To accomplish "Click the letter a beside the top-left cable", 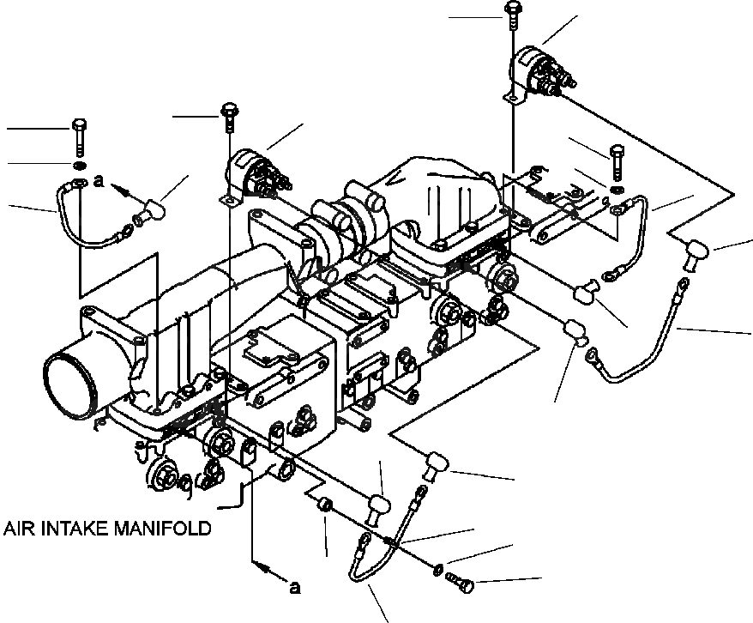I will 99,182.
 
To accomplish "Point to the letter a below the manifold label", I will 295,588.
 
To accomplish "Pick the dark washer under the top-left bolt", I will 78,164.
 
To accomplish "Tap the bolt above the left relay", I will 229,114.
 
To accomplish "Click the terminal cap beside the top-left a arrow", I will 153,209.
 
